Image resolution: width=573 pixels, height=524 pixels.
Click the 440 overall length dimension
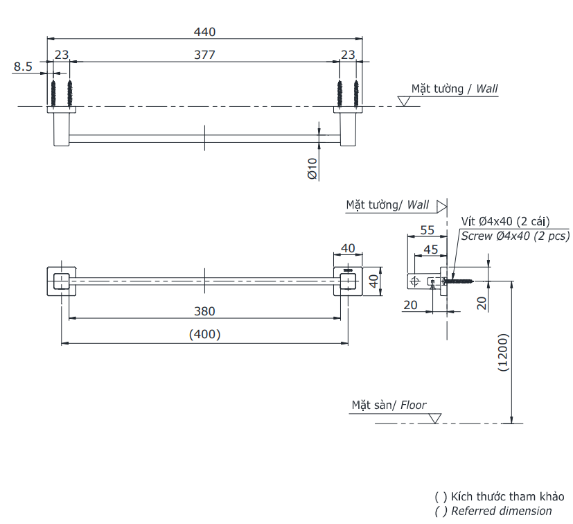pos(205,31)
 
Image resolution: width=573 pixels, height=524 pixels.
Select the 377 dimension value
pos(205,55)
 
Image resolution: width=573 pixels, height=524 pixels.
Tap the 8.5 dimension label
pos(23,67)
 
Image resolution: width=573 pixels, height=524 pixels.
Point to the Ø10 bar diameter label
pos(312,168)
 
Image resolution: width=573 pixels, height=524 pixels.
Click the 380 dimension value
pos(205,311)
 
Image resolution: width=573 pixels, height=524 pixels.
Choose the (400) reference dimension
pos(205,334)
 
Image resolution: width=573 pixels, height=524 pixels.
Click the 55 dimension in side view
pos(427,229)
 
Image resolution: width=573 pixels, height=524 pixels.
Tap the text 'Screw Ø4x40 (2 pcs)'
pos(515,236)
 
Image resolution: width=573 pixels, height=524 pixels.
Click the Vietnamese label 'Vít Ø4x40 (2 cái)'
pos(505,221)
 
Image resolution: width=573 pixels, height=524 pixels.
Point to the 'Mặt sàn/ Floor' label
pos(389,405)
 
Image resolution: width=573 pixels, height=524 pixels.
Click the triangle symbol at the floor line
pos(435,418)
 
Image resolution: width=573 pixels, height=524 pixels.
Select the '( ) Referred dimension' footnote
pos(493,511)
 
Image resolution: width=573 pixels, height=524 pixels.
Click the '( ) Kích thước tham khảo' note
pos(499,496)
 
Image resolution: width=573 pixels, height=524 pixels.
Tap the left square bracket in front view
pos(61,281)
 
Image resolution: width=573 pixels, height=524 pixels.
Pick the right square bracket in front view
pos(348,281)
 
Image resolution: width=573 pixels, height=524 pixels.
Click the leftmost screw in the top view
pos(53,93)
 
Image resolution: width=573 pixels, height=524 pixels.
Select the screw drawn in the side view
pos(459,281)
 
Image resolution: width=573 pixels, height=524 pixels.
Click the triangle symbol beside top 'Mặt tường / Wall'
pos(404,101)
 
